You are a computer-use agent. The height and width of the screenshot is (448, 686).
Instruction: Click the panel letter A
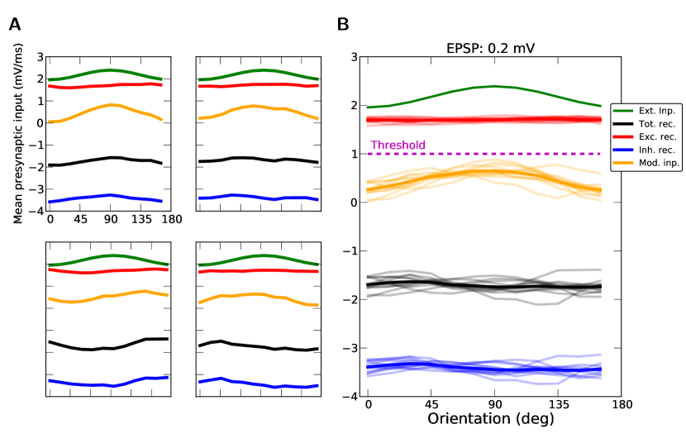coord(15,26)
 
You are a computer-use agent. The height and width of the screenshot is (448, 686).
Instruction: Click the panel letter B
coord(343,26)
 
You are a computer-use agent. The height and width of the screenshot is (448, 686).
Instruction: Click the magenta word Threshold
coord(398,145)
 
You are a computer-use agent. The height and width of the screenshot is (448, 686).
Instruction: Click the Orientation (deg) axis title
coord(491,418)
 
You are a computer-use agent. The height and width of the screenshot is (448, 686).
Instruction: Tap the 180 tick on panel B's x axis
coord(622,405)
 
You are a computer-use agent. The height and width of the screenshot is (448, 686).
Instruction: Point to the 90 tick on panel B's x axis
coord(495,405)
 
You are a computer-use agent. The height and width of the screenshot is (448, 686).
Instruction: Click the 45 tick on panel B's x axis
coord(431,405)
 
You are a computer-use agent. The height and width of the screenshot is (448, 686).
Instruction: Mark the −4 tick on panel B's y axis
coord(352,396)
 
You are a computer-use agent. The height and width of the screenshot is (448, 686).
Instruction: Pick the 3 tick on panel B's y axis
coord(355,57)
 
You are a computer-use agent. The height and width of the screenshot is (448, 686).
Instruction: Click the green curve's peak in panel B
coord(494,86)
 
